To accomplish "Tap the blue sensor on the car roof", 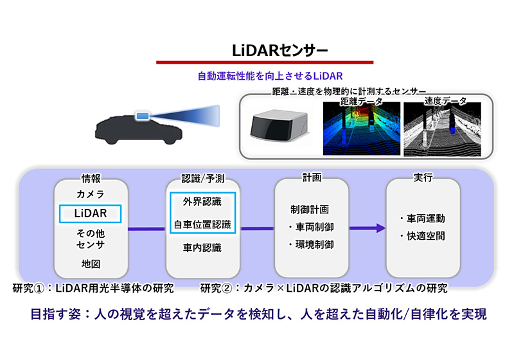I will (x=141, y=116).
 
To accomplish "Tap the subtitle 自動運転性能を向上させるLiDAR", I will (x=270, y=76).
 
